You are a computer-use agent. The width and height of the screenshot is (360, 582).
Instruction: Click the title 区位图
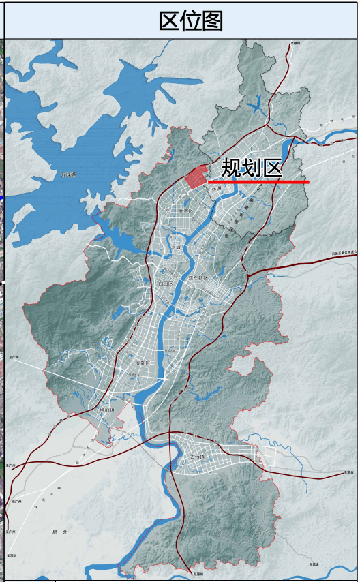190,21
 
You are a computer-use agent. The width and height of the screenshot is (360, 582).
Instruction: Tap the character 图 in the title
212,21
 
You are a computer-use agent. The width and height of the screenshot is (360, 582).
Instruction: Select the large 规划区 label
252,168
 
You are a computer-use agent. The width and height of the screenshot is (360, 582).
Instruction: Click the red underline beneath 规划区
259,182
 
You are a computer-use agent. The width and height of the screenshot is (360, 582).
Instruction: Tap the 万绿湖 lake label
69,175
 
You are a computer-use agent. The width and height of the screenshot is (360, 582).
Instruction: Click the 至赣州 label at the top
295,43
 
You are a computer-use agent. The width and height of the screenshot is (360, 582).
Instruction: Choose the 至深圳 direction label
11,556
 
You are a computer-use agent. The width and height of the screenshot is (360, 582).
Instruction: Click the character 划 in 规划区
252,168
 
